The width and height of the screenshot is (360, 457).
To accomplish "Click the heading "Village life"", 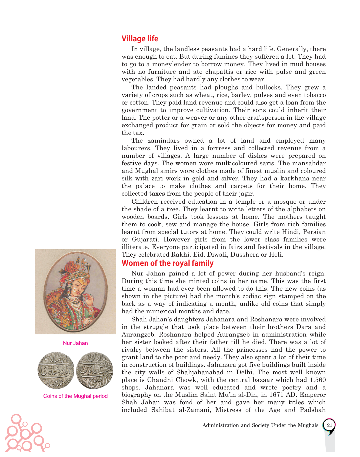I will pos(140,39).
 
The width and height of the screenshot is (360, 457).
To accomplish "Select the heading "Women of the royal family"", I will pos(167,263).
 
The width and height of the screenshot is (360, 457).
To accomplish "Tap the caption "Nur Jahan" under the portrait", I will pos(75,343).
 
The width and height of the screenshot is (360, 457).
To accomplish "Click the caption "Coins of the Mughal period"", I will pos(75,396).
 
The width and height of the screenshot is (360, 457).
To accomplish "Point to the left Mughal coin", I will pos(56,370).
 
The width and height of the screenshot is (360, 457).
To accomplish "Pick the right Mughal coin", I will pos(95,370).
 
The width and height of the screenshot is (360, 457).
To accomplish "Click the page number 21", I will pos(329,425).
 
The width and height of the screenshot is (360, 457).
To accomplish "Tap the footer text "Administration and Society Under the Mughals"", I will pos(260,425).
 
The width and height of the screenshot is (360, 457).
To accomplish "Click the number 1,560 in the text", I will pos(318,380).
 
